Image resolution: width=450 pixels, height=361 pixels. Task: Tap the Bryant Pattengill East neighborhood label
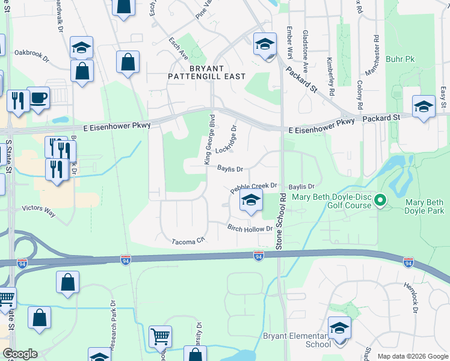click(x=210, y=72)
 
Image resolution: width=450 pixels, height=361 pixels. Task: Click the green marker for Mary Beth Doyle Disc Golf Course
click(x=380, y=200)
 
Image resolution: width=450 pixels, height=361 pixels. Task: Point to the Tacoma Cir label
click(x=188, y=241)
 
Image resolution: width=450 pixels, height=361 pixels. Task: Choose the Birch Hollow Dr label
click(x=250, y=229)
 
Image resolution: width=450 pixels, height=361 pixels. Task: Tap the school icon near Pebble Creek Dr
click(x=251, y=201)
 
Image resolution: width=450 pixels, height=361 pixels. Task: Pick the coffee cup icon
click(x=39, y=97)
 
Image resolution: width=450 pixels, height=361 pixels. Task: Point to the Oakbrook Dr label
click(x=32, y=54)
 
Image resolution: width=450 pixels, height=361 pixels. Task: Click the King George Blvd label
click(x=209, y=139)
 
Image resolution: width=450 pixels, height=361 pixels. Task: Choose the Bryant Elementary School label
click(x=297, y=340)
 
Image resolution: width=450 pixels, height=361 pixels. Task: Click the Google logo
click(x=20, y=354)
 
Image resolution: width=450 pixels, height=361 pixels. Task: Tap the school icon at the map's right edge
click(x=424, y=106)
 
